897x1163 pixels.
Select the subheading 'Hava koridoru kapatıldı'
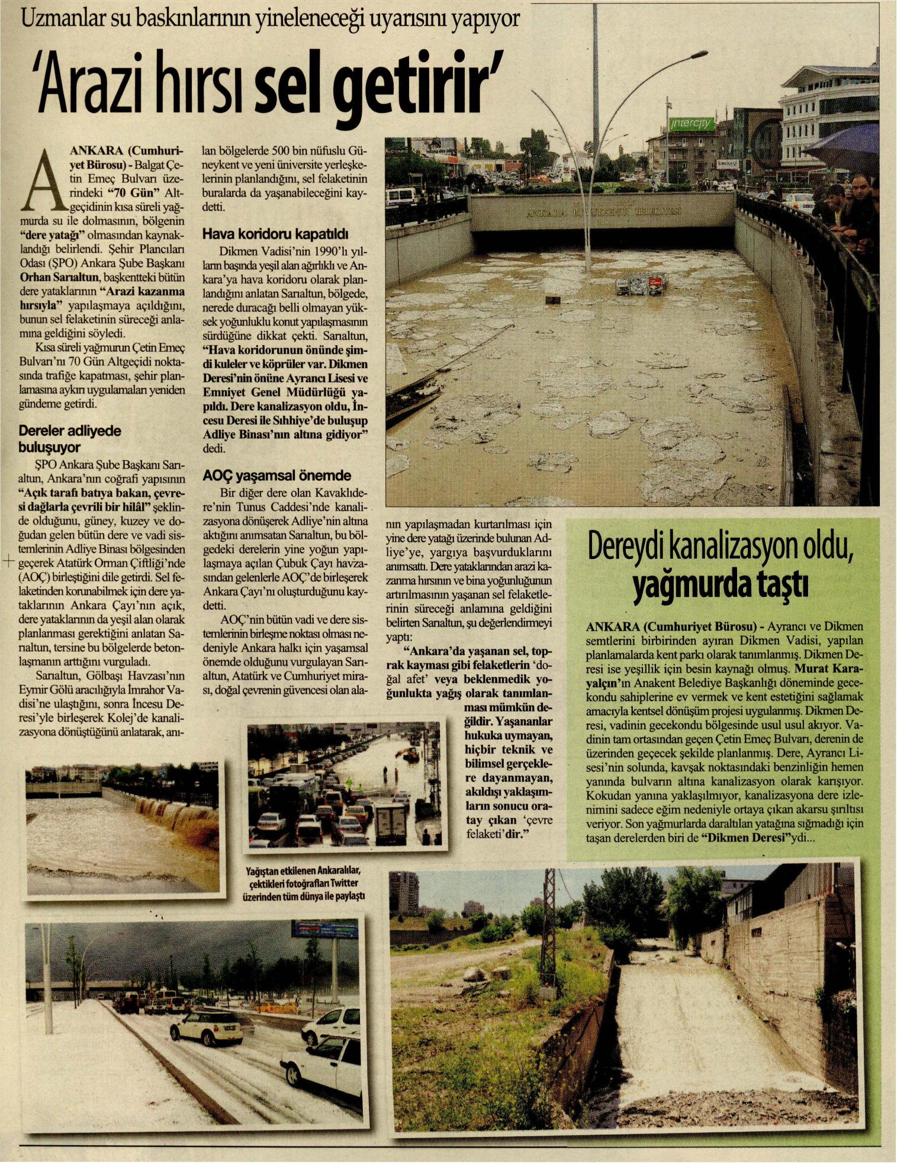(275, 233)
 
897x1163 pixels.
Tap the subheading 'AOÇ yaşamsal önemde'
(277, 476)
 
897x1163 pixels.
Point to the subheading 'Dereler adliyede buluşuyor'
(70, 439)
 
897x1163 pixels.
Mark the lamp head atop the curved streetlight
(696, 55)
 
